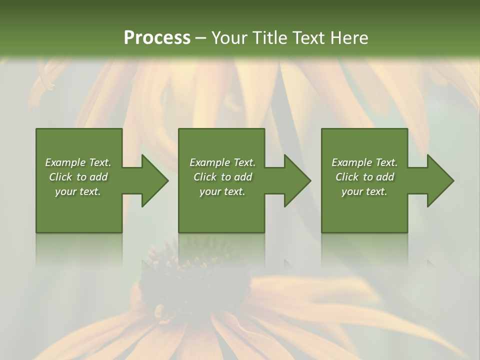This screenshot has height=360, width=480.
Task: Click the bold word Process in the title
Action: coord(157,38)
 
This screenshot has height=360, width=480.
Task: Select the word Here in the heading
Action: coord(348,38)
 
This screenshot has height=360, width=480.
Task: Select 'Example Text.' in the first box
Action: coord(78,162)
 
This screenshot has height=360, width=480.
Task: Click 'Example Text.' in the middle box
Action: coord(222,162)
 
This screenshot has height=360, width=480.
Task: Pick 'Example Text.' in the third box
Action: coord(364,162)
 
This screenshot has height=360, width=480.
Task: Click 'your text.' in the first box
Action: coord(78,191)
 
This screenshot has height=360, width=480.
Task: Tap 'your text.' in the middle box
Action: coord(222,191)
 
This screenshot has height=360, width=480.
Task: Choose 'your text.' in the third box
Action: coord(364,191)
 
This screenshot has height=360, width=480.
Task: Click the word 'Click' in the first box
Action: coord(60,177)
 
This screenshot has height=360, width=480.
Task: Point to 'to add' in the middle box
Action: coord(236,177)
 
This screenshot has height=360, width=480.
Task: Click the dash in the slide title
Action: coord(201,38)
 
